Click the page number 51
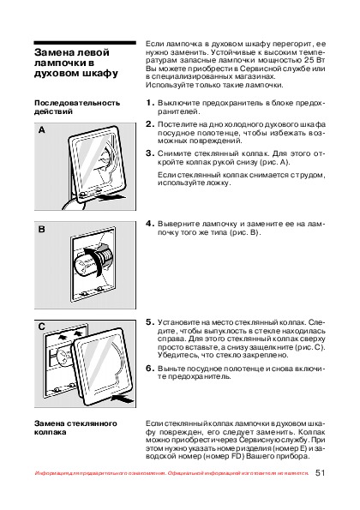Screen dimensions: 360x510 pyautogui.click(x=320, y=472)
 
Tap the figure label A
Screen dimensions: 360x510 pyautogui.click(x=42, y=130)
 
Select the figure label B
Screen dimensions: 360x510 pyautogui.click(x=42, y=230)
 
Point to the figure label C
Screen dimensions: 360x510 pyautogui.click(x=42, y=327)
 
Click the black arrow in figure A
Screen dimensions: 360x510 pyautogui.click(x=111, y=196)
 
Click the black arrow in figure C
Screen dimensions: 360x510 pyautogui.click(x=123, y=398)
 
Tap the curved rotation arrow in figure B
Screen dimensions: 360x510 pyautogui.click(x=95, y=260)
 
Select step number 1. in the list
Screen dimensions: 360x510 pyautogui.click(x=150, y=103)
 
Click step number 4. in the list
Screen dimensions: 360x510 pyautogui.click(x=150, y=224)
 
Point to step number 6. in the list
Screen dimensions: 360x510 pyautogui.click(x=150, y=369)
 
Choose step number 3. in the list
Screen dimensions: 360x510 pyautogui.click(x=150, y=153)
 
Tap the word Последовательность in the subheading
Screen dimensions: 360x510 pyautogui.click(x=77, y=103)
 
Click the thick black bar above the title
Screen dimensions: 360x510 pyautogui.click(x=85, y=43)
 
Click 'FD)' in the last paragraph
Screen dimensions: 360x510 pyautogui.click(x=237, y=456)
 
